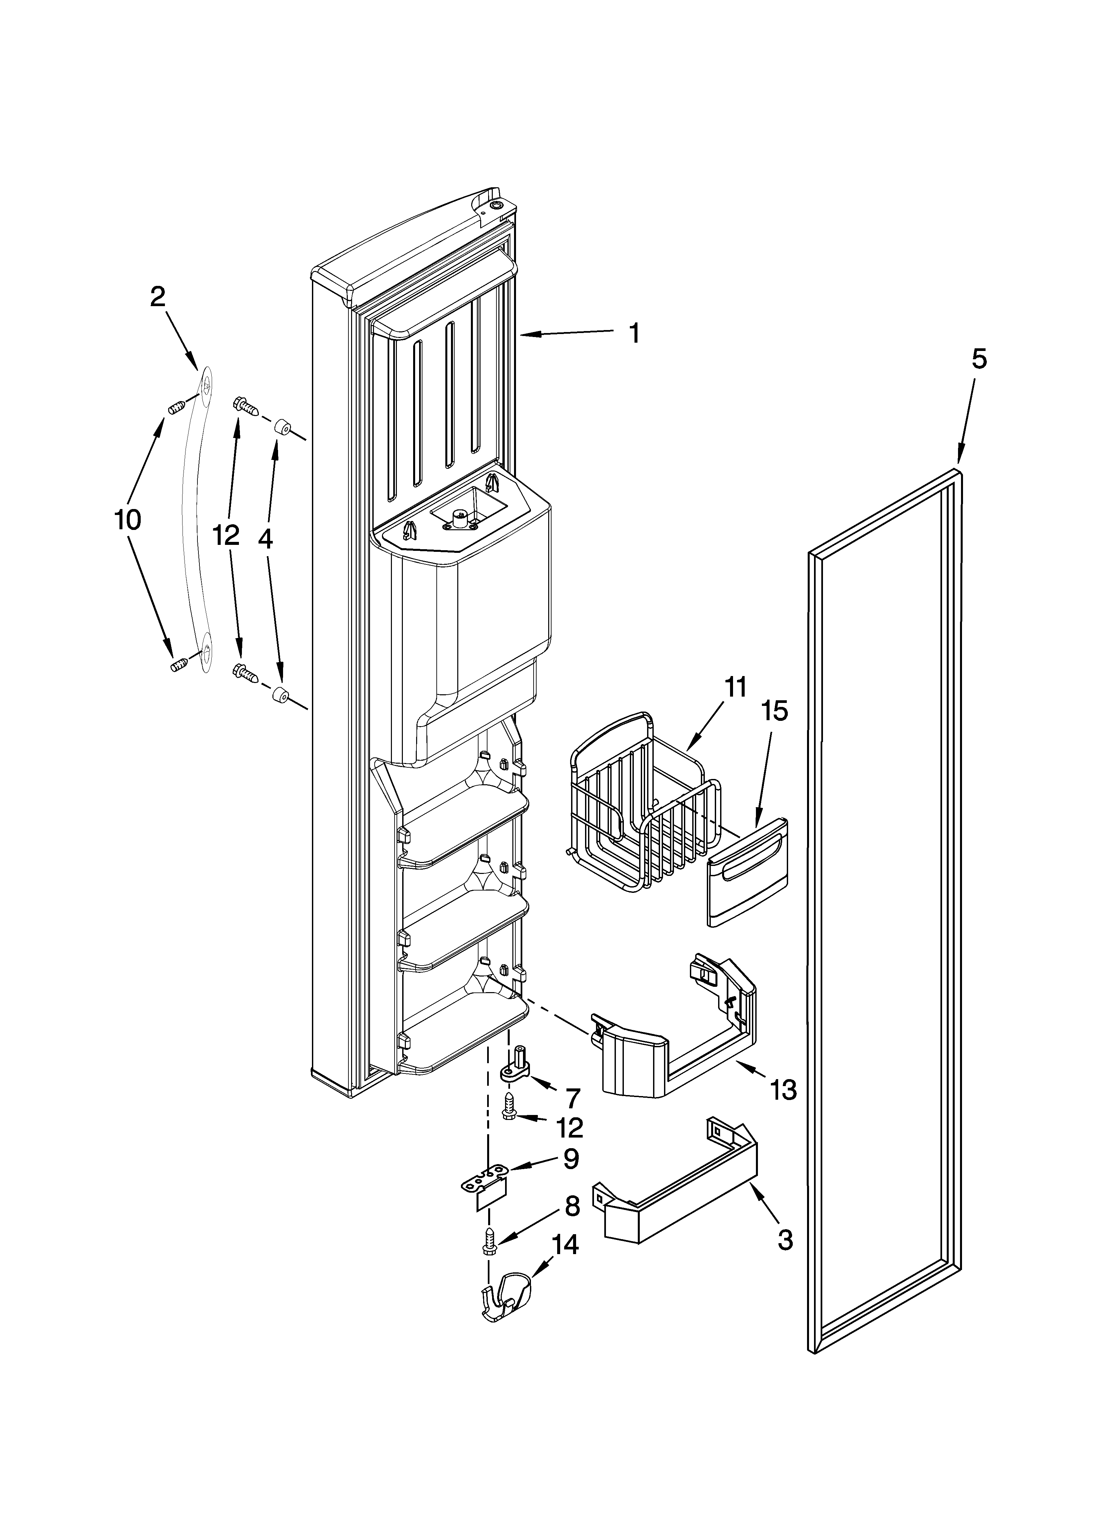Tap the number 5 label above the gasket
(x=979, y=359)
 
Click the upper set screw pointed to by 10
(x=176, y=407)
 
